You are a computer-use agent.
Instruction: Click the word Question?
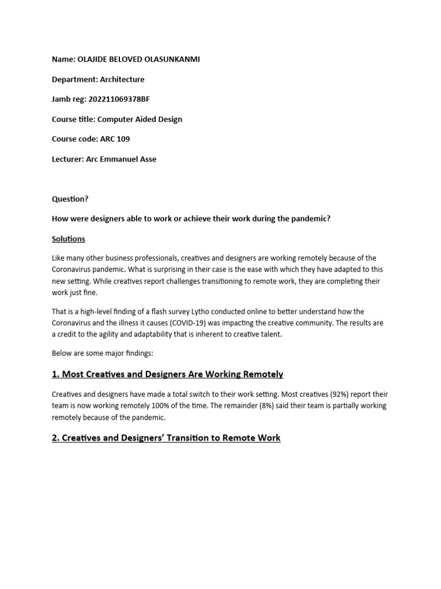click(70, 199)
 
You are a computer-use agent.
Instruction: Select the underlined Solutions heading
click(68, 239)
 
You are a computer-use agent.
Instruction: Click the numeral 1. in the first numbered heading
click(56, 374)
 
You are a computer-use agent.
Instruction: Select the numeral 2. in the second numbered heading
click(56, 438)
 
